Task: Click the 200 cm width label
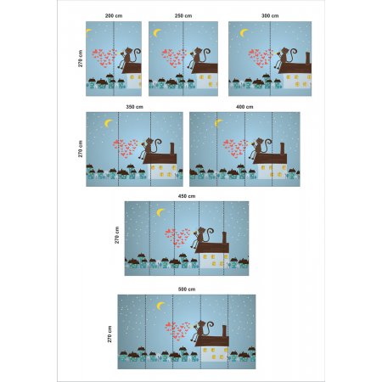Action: (x=114, y=16)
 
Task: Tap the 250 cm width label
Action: (x=183, y=16)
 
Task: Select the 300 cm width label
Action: (x=270, y=16)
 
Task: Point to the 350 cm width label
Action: (x=134, y=107)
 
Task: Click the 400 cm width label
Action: (x=244, y=107)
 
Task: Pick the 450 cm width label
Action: (x=187, y=196)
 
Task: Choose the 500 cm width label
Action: (x=187, y=289)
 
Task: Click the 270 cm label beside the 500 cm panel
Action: (x=110, y=334)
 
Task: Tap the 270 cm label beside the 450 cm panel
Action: (x=117, y=235)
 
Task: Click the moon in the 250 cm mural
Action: (x=156, y=33)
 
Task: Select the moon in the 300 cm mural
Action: (x=243, y=33)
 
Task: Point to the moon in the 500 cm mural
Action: (x=160, y=306)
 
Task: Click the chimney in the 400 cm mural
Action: (x=282, y=149)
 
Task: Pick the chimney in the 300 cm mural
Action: (x=307, y=58)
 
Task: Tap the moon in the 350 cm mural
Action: (x=108, y=123)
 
